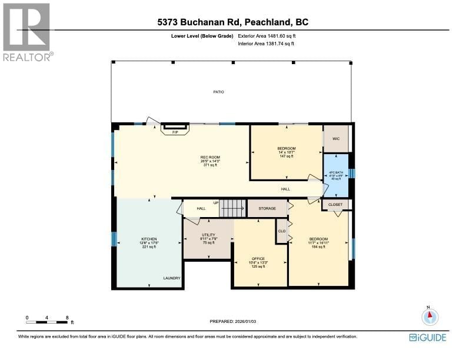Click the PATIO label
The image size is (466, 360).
(x=218, y=92)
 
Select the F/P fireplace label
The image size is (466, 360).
(x=175, y=132)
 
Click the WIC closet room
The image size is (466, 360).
(x=336, y=139)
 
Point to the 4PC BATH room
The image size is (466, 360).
(x=335, y=175)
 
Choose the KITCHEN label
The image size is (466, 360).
(x=132, y=239)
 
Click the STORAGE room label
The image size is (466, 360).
(x=267, y=208)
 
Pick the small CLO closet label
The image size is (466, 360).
(x=282, y=231)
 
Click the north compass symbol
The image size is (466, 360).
(x=430, y=316)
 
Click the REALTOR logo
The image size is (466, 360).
(x=27, y=32)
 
